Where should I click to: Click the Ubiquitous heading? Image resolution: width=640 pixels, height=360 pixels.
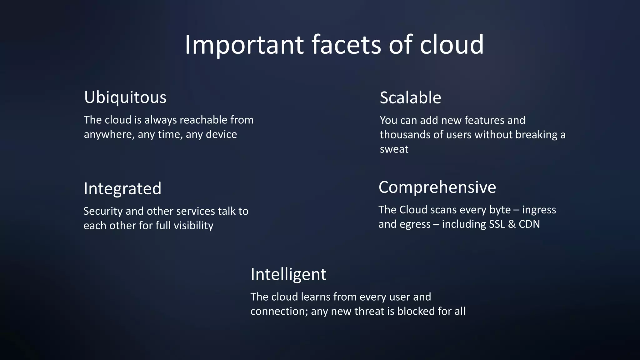[125, 97]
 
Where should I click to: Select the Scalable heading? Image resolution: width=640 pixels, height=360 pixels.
[410, 98]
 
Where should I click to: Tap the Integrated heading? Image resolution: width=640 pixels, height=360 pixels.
[122, 189]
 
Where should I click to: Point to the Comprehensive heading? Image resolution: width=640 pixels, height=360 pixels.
[437, 187]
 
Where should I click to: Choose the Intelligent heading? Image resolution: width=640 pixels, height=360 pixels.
[288, 274]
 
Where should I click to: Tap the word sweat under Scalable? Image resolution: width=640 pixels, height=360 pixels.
[394, 149]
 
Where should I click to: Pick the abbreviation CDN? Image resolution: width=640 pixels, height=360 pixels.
[529, 224]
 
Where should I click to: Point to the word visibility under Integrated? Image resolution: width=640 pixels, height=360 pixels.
[193, 226]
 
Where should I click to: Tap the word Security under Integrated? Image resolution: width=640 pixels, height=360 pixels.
[103, 211]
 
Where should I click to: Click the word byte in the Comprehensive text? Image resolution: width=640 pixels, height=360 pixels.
[500, 210]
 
